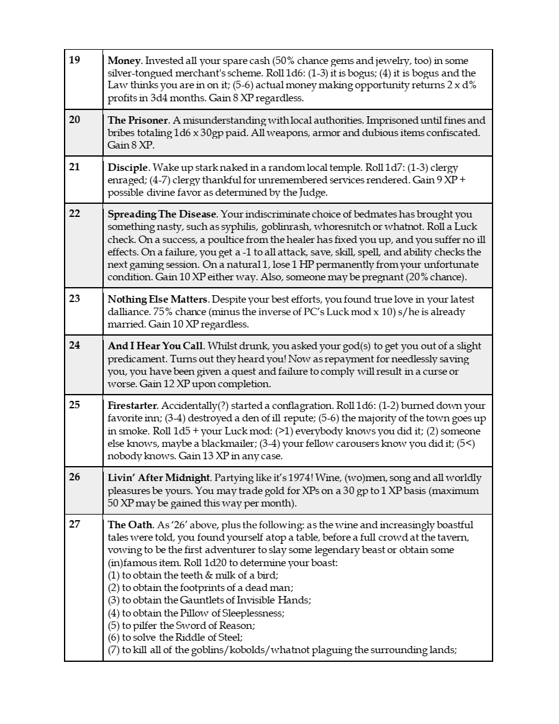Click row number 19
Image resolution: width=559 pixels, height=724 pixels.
point(75,60)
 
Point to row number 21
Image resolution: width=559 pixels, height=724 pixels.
point(75,167)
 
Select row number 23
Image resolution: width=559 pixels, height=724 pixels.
point(75,298)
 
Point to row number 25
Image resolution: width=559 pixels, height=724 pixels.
point(75,405)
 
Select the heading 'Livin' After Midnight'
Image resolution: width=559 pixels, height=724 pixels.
point(160,477)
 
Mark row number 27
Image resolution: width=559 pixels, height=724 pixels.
point(75,524)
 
